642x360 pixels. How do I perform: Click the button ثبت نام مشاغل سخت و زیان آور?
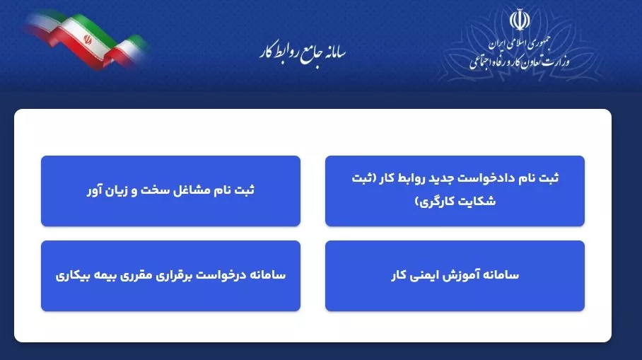pos(170,190)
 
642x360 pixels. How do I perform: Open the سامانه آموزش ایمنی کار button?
pos(455,275)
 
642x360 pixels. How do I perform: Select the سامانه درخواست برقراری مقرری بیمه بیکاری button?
pos(170,275)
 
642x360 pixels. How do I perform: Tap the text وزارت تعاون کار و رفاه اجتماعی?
pos(518,62)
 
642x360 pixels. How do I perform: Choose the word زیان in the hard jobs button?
pos(114,190)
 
